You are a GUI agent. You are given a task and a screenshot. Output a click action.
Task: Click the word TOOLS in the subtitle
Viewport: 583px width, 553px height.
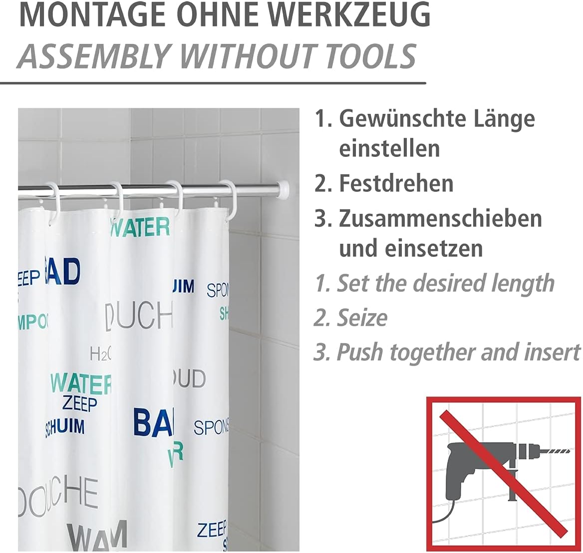(371, 56)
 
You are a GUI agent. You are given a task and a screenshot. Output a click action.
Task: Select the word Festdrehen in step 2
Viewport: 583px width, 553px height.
(396, 183)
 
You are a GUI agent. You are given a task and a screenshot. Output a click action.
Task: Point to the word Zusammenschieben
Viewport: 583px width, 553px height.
(440, 218)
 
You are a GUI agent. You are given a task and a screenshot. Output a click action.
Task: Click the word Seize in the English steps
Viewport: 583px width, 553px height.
(362, 318)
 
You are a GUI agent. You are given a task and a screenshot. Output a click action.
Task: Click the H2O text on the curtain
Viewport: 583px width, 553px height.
(100, 354)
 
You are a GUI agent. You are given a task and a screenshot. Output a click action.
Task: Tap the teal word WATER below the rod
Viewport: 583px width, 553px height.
(140, 227)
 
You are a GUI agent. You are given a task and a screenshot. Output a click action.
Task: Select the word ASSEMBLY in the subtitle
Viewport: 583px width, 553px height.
(92, 56)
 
